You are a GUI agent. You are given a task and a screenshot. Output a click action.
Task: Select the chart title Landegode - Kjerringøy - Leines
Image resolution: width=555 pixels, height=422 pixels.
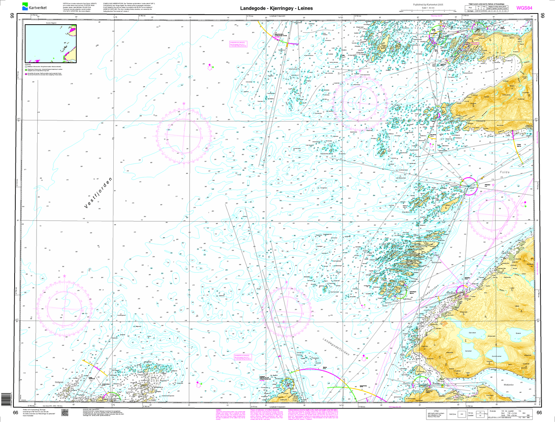(277, 8)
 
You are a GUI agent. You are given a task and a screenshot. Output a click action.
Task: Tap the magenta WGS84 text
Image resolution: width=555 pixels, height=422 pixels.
(524, 8)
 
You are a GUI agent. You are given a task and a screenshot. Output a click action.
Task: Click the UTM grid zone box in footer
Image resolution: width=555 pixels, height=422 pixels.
(459, 414)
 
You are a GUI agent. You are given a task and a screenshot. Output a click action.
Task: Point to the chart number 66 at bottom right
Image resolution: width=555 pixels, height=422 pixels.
(540, 413)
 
